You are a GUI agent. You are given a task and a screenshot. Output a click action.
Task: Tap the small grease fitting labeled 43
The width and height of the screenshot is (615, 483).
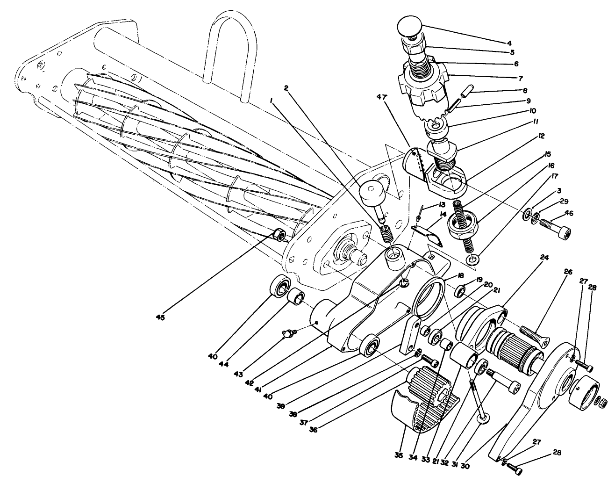click(289, 333)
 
